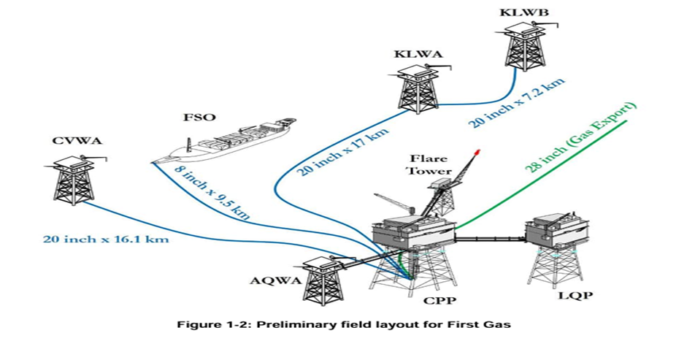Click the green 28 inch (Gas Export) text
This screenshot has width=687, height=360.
point(586,139)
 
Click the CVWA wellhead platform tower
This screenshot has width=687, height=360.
point(76,177)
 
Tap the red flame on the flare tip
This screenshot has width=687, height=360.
point(477,153)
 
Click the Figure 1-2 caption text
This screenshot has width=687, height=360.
point(344,324)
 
